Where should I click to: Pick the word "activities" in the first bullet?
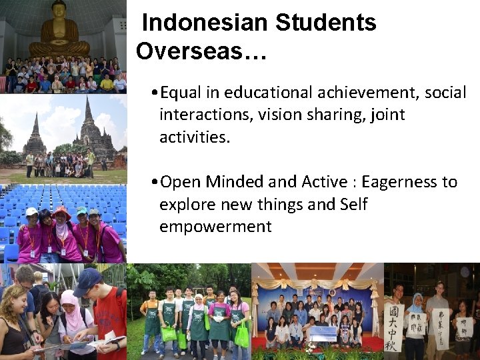(193, 137)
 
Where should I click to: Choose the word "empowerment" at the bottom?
(215, 226)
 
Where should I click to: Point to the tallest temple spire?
(88, 113)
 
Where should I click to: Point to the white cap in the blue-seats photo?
(32, 211)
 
